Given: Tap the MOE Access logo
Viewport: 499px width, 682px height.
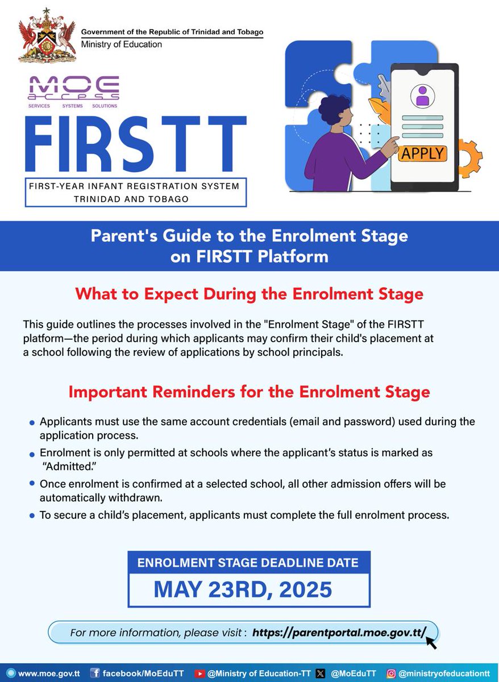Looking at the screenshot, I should point(74,92).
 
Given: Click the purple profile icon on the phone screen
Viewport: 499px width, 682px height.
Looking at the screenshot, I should point(422,95).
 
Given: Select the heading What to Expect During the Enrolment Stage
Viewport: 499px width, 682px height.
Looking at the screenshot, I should point(249,294).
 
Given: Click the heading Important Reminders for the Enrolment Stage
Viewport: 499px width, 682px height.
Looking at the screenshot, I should point(249,392).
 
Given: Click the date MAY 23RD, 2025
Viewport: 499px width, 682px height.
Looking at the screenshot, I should point(243,589).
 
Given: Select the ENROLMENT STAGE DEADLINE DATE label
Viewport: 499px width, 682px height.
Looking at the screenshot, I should point(248,563).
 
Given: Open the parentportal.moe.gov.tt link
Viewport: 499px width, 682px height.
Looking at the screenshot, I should point(339,632).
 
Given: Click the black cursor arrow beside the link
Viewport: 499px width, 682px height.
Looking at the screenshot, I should point(432,642).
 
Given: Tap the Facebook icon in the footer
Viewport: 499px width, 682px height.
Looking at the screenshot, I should point(95,673).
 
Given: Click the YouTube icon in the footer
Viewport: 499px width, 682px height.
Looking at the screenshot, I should point(199,673).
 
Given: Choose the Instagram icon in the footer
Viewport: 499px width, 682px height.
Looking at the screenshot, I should point(391,673).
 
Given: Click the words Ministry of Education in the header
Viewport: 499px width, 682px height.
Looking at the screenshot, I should point(121,44).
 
